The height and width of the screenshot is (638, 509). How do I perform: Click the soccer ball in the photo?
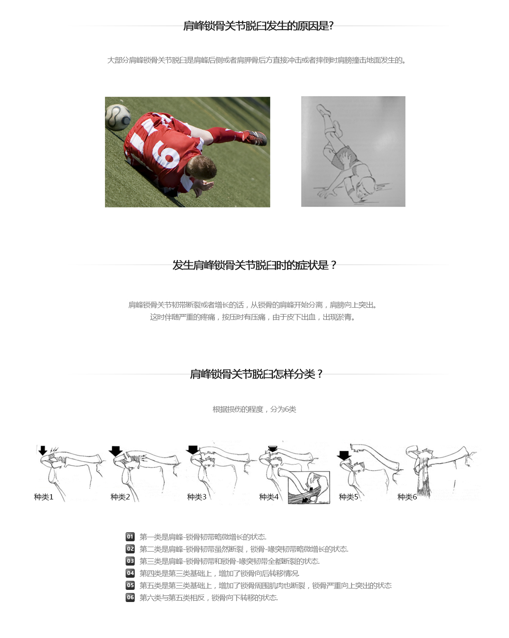click(x=117, y=117)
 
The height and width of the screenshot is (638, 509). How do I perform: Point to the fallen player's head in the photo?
click(x=201, y=167)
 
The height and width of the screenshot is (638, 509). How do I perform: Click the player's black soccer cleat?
click(x=255, y=138)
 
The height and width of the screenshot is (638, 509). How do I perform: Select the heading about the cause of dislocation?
click(x=258, y=26)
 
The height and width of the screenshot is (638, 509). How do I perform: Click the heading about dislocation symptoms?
click(x=254, y=265)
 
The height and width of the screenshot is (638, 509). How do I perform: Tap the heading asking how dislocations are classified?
click(x=256, y=374)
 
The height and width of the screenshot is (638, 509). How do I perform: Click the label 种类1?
click(x=44, y=497)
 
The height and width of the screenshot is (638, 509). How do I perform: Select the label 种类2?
click(x=120, y=497)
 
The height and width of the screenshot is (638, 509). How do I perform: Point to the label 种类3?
click(x=196, y=497)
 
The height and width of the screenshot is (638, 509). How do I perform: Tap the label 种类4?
click(x=269, y=497)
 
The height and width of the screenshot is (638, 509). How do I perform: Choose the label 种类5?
click(x=349, y=497)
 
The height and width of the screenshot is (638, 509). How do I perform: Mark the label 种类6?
click(x=407, y=497)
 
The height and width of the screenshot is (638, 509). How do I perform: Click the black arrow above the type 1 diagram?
click(x=43, y=450)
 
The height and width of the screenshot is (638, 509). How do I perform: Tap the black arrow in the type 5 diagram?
click(x=344, y=455)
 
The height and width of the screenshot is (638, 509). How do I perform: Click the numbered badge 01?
click(x=130, y=536)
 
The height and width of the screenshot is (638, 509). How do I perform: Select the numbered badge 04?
click(x=130, y=573)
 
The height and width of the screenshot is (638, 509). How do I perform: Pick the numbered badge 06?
click(x=130, y=597)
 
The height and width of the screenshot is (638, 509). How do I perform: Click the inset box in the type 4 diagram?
click(x=309, y=487)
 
